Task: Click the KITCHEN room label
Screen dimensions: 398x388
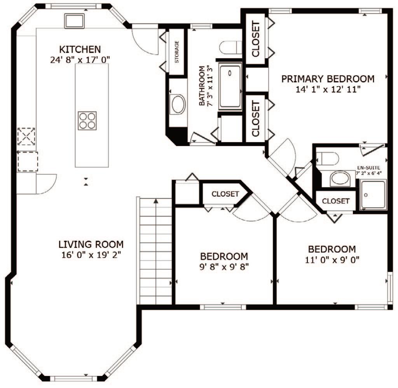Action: pos(80,49)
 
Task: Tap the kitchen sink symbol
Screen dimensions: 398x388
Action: pos(74,21)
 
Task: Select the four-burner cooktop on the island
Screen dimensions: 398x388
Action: pos(87,121)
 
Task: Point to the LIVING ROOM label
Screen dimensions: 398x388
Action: pos(91,244)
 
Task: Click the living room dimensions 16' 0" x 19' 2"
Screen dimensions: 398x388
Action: pos(91,255)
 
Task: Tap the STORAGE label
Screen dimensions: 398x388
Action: pos(177,52)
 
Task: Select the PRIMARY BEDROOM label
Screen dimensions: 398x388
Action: pos(328,79)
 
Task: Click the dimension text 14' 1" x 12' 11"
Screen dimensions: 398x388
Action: pos(328,89)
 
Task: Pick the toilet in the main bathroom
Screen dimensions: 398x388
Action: pos(230,47)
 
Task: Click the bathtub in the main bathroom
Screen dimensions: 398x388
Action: pos(230,87)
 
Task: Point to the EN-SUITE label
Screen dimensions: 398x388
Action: pos(368,168)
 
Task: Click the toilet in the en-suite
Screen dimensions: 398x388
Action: pos(327,159)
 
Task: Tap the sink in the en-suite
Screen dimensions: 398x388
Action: pos(340,179)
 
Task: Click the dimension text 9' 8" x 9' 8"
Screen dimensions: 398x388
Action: pos(224,267)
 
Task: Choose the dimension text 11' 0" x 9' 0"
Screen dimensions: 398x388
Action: pos(332,260)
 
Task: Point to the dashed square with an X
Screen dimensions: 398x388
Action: pos(26,136)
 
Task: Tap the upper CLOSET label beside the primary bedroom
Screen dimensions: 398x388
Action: pos(256,39)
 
